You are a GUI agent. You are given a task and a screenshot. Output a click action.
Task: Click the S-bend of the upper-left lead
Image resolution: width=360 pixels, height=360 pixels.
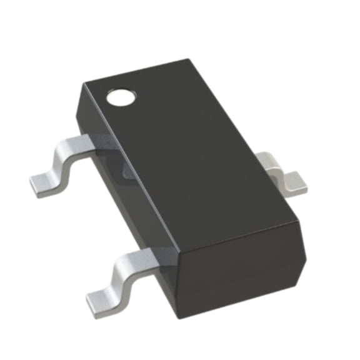[62, 159]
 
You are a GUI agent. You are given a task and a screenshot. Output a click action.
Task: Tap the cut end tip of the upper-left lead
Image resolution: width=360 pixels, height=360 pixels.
[32, 186]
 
